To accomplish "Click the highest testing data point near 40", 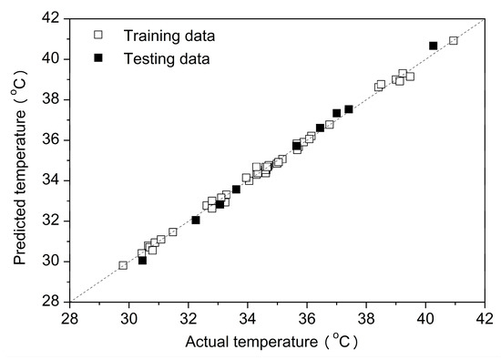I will click(x=434, y=46).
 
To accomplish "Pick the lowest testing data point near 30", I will click(x=142, y=261).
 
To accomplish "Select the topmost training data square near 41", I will click(x=454, y=40).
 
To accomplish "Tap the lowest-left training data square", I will click(x=123, y=265).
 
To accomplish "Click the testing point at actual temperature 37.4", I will click(x=349, y=109).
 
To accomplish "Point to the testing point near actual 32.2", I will click(x=196, y=220).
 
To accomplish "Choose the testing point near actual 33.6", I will click(x=236, y=190).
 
